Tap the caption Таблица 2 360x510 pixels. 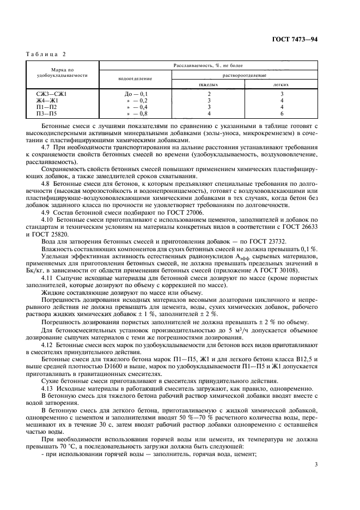(46, 54)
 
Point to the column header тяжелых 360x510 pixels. (208, 84)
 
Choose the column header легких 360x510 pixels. (281, 84)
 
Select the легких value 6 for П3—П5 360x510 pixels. (281, 113)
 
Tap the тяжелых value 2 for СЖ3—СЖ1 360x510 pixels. (208, 94)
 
